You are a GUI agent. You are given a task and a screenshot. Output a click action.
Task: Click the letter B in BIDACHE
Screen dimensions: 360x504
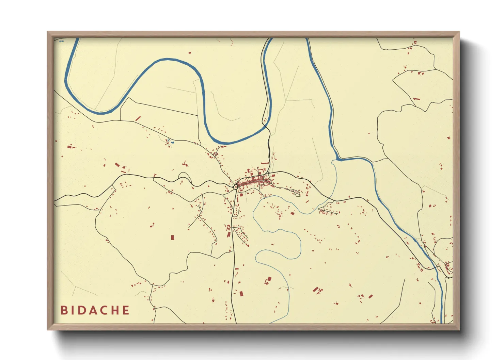[64, 310]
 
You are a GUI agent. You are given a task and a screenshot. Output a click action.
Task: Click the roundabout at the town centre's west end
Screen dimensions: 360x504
[236, 186]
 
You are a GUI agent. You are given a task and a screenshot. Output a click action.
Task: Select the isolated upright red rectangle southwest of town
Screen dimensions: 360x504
[172, 237]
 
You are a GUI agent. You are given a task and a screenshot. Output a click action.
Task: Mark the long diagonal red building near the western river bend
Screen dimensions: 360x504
[138, 118]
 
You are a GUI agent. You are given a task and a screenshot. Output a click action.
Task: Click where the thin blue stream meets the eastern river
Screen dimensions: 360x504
[337, 160]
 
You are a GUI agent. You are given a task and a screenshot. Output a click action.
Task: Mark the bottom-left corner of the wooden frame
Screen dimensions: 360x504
[48, 329]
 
